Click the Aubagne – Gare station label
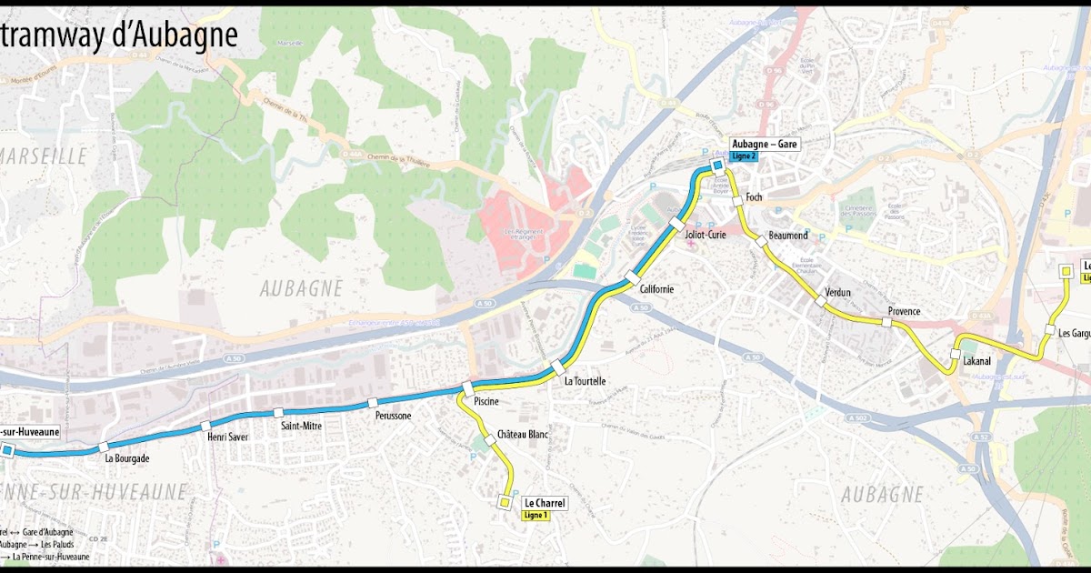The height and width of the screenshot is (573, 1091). [766, 144]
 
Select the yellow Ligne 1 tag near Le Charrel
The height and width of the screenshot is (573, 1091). [536, 515]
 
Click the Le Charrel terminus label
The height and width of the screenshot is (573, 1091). [545, 502]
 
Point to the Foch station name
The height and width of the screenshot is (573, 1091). [753, 197]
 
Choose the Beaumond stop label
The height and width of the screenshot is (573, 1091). [787, 236]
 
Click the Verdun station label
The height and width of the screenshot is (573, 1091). [837, 292]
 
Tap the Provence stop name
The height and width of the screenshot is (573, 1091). [904, 311]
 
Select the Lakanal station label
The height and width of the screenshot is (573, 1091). [976, 361]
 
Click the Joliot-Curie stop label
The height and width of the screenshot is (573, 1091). [706, 234]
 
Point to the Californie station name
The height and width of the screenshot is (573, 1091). [656, 288]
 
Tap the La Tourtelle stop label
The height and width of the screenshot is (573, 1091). [585, 381]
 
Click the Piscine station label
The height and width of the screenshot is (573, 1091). [486, 401]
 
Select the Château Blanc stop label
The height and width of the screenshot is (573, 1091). [524, 435]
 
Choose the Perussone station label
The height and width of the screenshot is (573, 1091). [393, 416]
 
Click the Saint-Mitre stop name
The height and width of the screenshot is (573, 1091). [301, 426]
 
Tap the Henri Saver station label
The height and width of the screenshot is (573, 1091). [227, 437]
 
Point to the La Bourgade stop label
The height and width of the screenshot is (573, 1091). [126, 458]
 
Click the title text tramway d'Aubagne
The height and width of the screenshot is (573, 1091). [118, 35]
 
